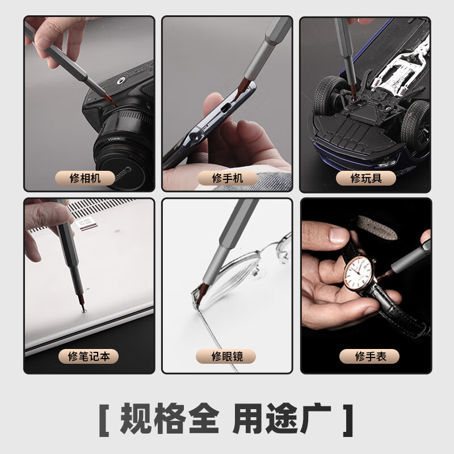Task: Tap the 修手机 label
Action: (227, 178)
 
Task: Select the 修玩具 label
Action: (365, 178)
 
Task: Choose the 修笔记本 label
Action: (89, 356)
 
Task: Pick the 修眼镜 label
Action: (226, 356)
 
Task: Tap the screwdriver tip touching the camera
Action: (112, 103)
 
